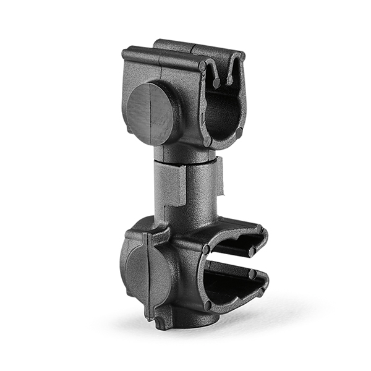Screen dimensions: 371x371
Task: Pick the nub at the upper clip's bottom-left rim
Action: coord(208,142)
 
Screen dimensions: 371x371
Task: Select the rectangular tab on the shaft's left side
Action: coord(170,185)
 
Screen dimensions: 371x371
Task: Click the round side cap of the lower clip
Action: coord(145,272)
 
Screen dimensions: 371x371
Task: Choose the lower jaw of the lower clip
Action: coord(238,291)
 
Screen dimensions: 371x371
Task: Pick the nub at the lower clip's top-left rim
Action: coord(206,249)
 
